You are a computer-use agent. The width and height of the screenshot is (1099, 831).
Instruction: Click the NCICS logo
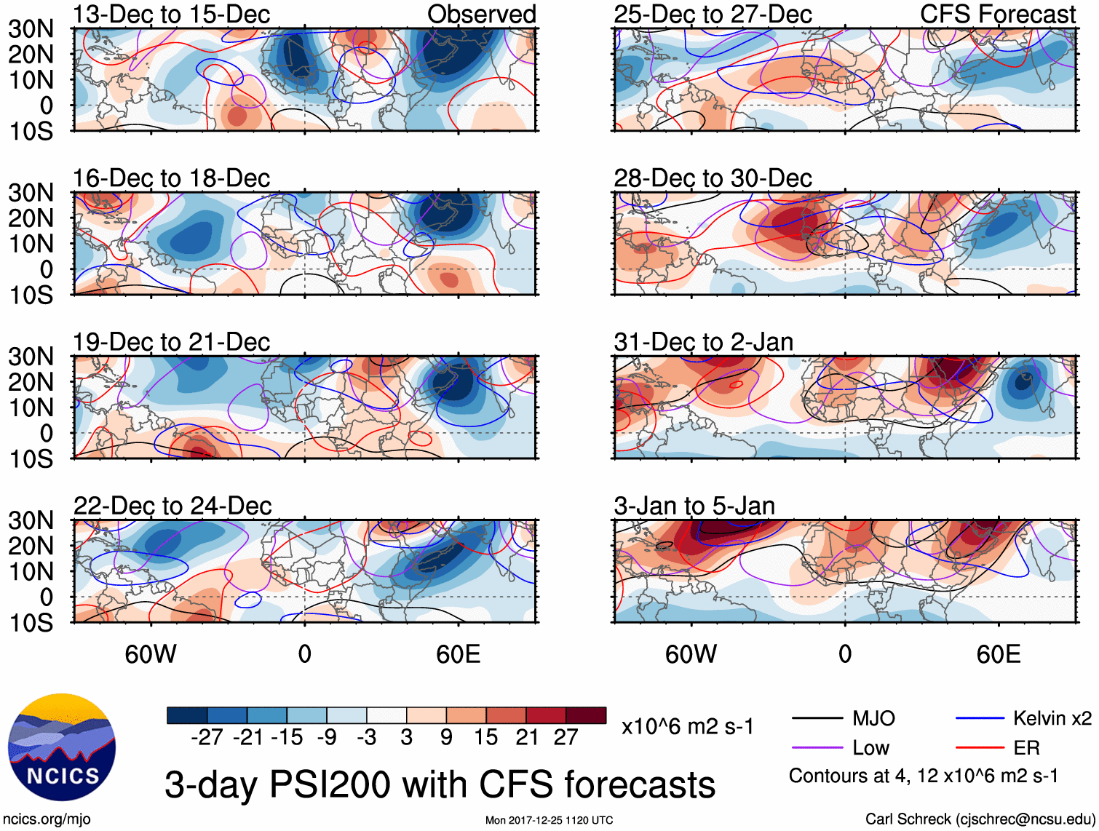click(x=62, y=747)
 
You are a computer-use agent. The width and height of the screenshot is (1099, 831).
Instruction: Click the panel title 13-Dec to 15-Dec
click(x=171, y=14)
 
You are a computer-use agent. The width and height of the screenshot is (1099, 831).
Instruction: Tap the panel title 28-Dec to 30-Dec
click(x=713, y=178)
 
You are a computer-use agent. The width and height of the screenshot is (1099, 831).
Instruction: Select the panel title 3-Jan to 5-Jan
click(x=694, y=506)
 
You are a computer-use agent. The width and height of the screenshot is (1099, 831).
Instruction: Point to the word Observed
click(x=481, y=14)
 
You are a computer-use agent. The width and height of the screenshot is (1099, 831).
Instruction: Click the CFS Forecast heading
click(x=997, y=14)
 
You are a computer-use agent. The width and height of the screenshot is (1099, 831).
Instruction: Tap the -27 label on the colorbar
click(x=207, y=737)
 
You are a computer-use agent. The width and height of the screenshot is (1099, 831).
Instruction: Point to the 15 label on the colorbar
click(x=486, y=737)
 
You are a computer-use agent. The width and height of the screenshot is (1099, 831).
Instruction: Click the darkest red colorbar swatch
click(x=586, y=715)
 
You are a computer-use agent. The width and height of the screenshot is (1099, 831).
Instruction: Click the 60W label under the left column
click(x=151, y=654)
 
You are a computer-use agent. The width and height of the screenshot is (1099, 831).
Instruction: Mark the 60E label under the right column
click(x=998, y=654)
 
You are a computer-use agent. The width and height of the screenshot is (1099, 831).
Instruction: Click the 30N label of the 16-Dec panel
click(x=31, y=193)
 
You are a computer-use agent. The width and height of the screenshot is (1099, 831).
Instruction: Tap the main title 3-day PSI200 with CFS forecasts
click(x=440, y=785)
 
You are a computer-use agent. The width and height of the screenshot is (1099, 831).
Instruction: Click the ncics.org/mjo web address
click(x=47, y=819)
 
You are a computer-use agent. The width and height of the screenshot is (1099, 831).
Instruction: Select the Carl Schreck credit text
click(x=980, y=819)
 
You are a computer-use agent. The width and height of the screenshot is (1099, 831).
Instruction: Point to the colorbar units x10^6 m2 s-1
click(x=687, y=727)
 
